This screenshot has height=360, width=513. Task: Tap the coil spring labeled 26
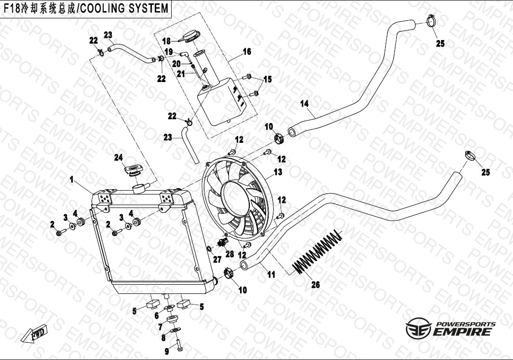tap(318, 252)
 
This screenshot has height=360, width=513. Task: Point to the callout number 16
tap(247, 52)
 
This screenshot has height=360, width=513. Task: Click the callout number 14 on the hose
tap(304, 103)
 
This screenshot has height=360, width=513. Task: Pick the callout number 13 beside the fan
tap(278, 172)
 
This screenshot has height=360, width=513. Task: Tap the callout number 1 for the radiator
tap(71, 180)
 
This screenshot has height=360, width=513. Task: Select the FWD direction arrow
tap(34, 334)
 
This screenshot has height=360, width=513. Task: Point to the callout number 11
tap(271, 275)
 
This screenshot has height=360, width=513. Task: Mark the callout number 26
tap(315, 285)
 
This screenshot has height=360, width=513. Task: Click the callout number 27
tap(217, 260)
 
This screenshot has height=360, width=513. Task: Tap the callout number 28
tap(229, 253)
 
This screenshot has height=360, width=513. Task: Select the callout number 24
tap(119, 157)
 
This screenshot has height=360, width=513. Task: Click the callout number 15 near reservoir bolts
tap(267, 79)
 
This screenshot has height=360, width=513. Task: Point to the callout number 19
tap(169, 52)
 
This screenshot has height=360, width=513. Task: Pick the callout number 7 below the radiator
tap(161, 327)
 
